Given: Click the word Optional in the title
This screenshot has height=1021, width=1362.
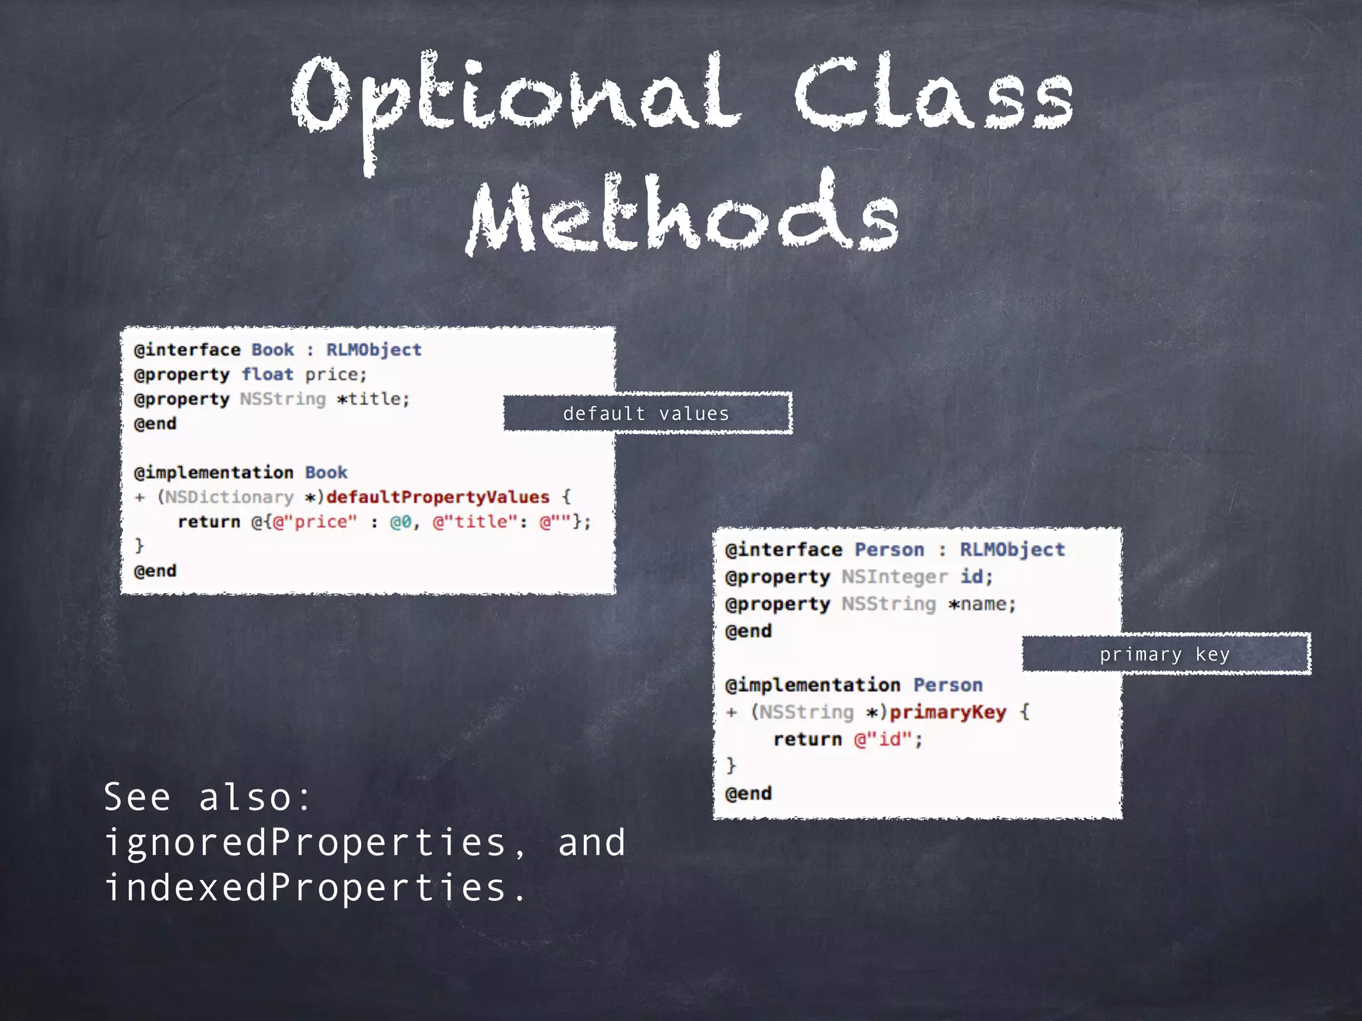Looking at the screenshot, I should [515, 96].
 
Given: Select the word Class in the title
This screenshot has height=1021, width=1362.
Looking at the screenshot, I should [934, 96].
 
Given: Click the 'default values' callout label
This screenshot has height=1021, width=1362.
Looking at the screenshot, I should [646, 413].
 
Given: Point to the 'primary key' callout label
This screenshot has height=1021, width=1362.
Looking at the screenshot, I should [1164, 654].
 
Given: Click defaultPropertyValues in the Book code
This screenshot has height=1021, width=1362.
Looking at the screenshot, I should [438, 497].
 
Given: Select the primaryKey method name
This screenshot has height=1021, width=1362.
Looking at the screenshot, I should [948, 712].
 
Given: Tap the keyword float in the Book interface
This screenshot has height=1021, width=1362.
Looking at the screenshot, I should [267, 374].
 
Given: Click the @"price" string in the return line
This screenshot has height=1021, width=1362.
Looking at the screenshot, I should [315, 522].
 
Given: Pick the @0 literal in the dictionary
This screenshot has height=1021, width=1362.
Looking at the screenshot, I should [401, 522].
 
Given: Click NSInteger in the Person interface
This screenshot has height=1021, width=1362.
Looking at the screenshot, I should [894, 576].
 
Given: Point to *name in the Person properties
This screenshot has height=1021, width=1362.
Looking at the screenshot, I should [982, 604].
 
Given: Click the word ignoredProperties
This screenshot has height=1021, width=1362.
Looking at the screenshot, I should [305, 843].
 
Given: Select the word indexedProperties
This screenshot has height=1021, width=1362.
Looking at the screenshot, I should [305, 888].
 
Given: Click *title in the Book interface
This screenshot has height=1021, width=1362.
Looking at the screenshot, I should [373, 399].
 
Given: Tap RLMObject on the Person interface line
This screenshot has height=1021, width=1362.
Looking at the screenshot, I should [1012, 550].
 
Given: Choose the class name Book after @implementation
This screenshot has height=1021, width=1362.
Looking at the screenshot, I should [326, 473].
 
